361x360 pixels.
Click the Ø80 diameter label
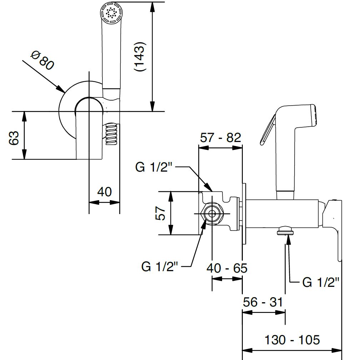click(x=42, y=60)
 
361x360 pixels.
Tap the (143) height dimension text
click(x=140, y=57)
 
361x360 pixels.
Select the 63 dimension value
click(x=14, y=138)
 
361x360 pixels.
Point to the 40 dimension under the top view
click(x=104, y=192)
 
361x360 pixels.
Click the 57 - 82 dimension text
click(x=220, y=138)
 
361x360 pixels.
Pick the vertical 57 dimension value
click(x=160, y=213)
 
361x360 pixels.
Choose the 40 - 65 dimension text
click(x=227, y=268)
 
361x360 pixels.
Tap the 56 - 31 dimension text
click(x=263, y=302)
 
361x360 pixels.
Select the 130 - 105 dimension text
click(x=292, y=340)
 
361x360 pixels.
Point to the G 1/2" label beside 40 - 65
click(x=160, y=267)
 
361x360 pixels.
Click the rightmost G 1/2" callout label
click(x=321, y=282)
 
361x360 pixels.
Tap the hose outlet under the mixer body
click(x=286, y=230)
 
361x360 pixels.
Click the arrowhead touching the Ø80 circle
click(x=61, y=89)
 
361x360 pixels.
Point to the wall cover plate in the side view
click(x=244, y=214)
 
